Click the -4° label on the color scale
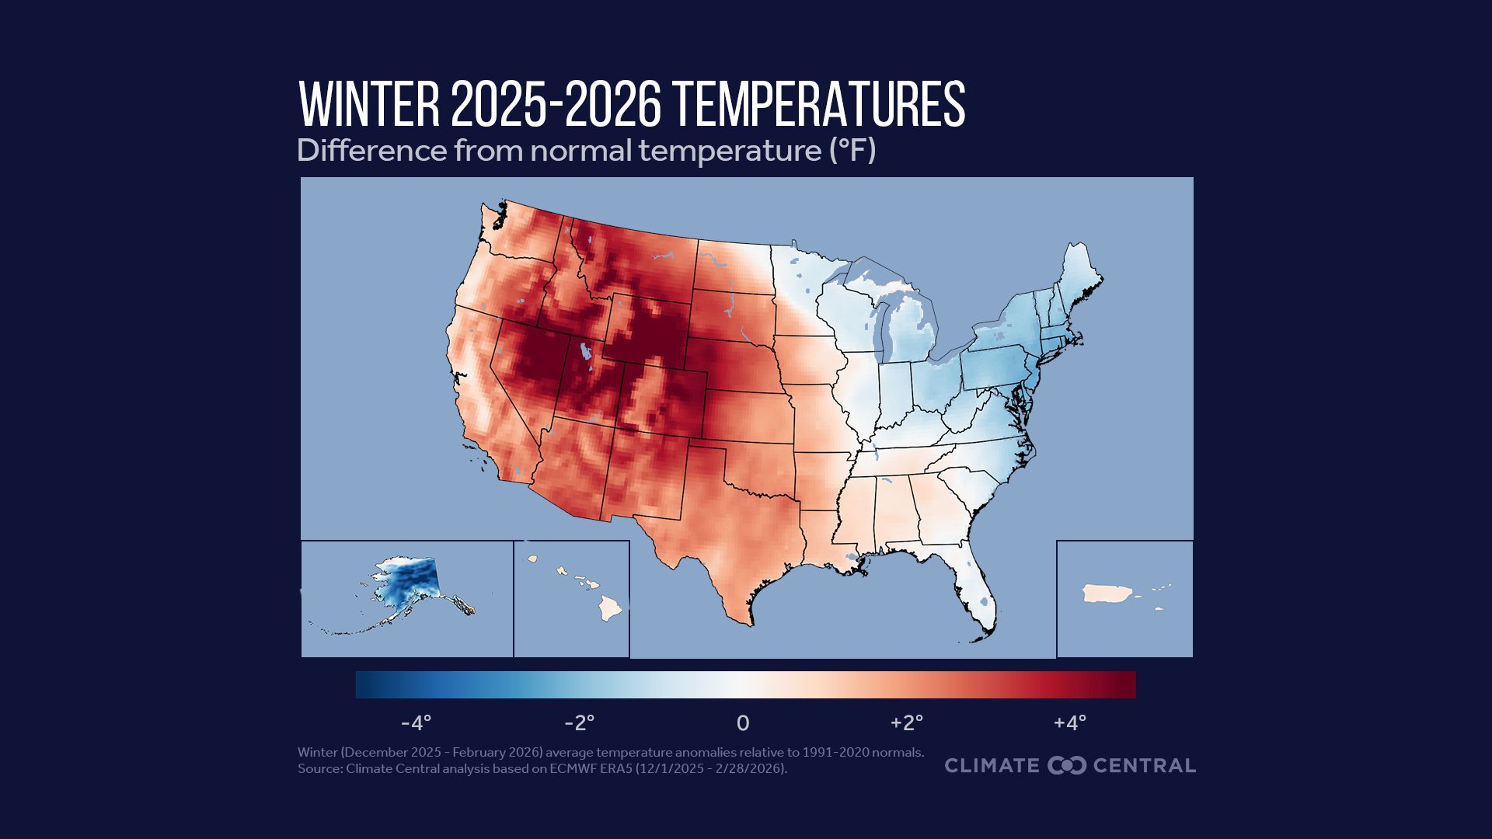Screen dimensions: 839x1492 click(x=416, y=723)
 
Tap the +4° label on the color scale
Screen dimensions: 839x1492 click(x=1069, y=723)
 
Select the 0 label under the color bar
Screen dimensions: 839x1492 click(x=743, y=723)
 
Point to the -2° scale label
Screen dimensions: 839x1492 click(x=579, y=723)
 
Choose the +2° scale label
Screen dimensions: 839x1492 click(x=906, y=723)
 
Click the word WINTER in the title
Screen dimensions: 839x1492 click(x=369, y=104)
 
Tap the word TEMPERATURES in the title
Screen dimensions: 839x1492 click(x=819, y=104)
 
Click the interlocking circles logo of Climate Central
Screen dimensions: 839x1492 click(x=1066, y=765)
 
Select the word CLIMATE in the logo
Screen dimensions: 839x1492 click(x=992, y=765)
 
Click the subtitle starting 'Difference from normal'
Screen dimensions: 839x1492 click(x=586, y=150)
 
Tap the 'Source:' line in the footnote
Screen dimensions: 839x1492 click(x=542, y=768)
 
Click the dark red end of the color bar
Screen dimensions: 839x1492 click(x=1123, y=684)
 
